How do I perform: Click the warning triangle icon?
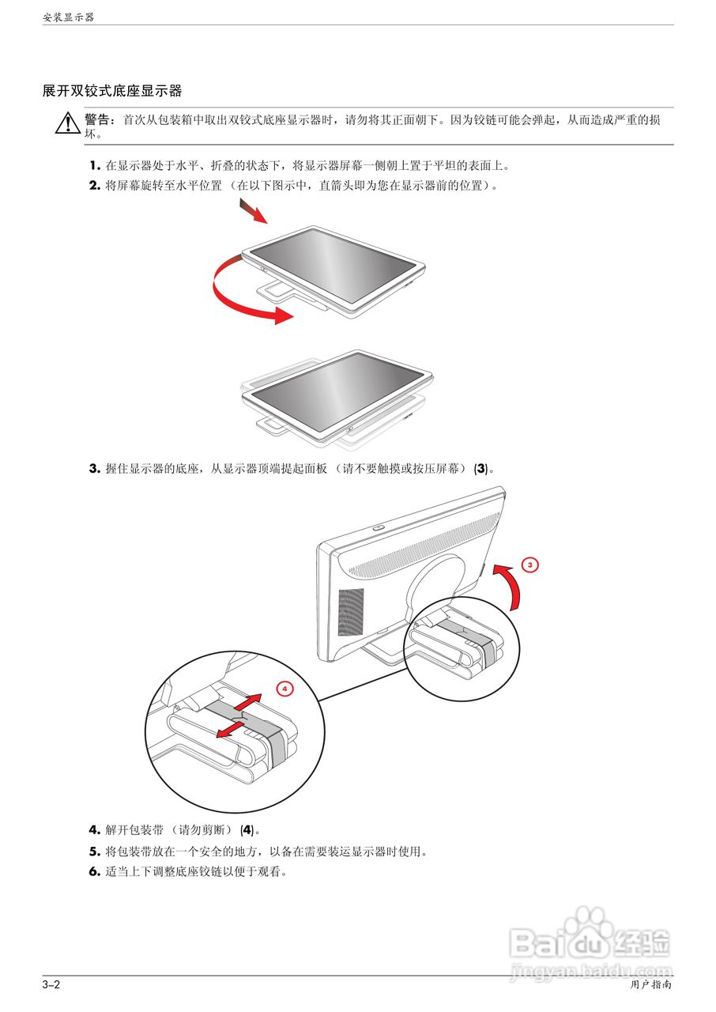67,123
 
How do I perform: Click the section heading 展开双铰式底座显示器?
112,92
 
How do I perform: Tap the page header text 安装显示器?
68,17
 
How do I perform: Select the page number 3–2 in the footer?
51,985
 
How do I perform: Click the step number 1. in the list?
94,166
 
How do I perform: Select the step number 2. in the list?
94,186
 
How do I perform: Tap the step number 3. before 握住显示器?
94,468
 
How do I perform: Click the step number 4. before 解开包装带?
94,830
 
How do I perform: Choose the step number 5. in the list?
94,852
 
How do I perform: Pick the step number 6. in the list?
94,873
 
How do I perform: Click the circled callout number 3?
530,564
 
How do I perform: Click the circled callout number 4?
285,688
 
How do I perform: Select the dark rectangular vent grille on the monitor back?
351,611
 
